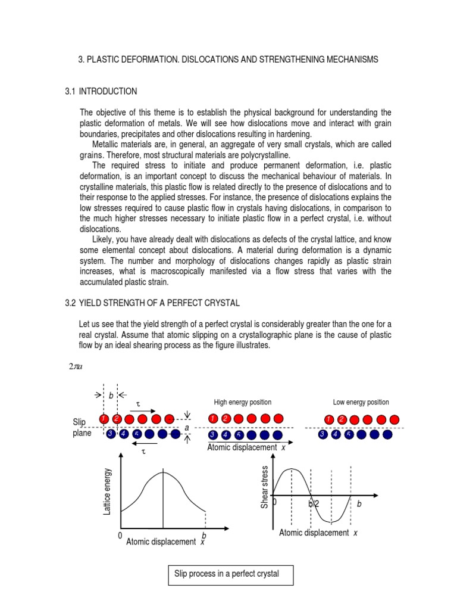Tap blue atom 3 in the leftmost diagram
click(111, 434)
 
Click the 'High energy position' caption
click(242, 402)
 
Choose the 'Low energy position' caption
click(361, 402)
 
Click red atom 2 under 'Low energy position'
click(342, 420)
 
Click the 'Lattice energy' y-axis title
click(108, 491)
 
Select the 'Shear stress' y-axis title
click(265, 487)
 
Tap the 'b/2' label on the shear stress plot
click(314, 504)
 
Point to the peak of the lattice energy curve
click(163, 472)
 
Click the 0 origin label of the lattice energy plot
click(120, 536)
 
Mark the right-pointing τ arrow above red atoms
click(146, 411)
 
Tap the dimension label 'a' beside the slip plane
click(187, 428)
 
